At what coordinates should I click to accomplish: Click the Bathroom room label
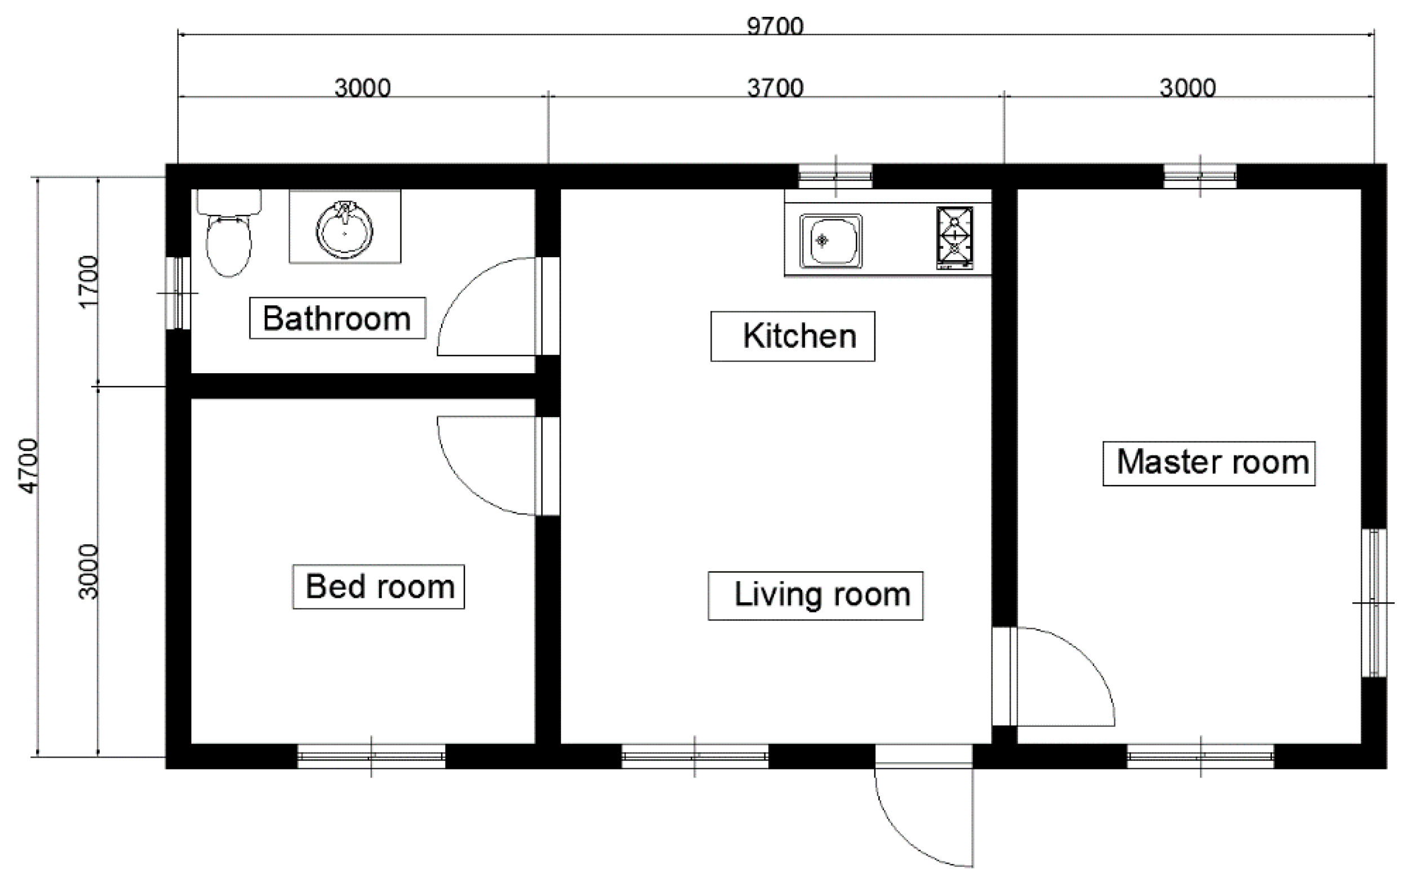tap(337, 318)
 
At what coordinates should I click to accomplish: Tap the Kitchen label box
tap(792, 336)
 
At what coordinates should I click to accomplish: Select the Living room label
tap(815, 596)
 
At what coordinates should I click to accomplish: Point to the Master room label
tap(1208, 463)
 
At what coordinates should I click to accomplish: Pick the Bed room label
tap(379, 587)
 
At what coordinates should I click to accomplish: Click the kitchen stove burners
tap(954, 238)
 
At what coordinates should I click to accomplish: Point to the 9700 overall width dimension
tap(775, 27)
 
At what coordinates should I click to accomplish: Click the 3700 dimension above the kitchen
tap(775, 88)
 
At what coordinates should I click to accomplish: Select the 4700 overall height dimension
tap(28, 466)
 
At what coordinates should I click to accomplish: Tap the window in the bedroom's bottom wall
tap(371, 756)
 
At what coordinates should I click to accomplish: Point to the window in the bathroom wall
tap(179, 293)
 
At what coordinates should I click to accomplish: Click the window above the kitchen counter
tap(835, 176)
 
